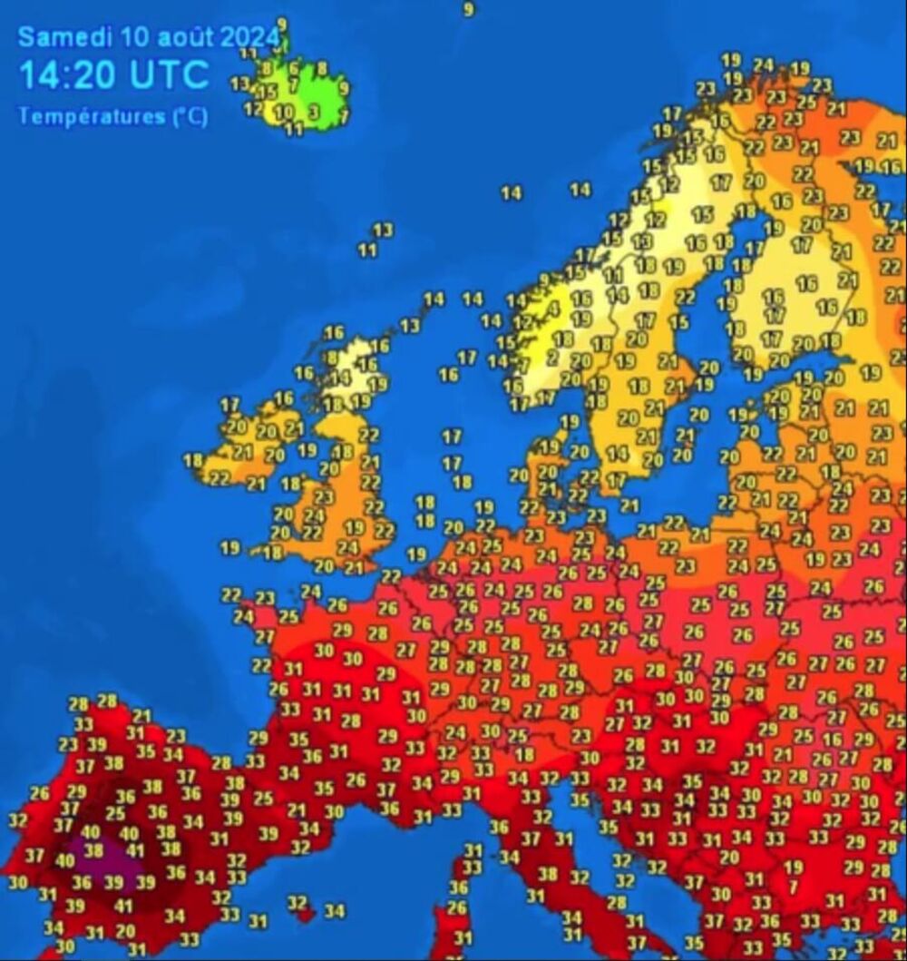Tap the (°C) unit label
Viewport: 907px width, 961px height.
(190, 116)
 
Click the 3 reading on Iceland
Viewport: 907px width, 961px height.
(313, 113)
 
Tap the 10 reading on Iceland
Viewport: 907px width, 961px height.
(284, 113)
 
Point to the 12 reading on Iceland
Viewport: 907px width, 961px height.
(253, 110)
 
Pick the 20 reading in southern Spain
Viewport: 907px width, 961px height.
(125, 930)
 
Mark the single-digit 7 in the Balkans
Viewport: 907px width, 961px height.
(793, 887)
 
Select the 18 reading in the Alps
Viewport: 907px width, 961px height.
(524, 754)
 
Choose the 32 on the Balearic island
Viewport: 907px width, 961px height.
(297, 903)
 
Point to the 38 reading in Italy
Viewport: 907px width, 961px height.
(548, 875)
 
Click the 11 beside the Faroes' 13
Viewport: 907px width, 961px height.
(367, 250)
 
